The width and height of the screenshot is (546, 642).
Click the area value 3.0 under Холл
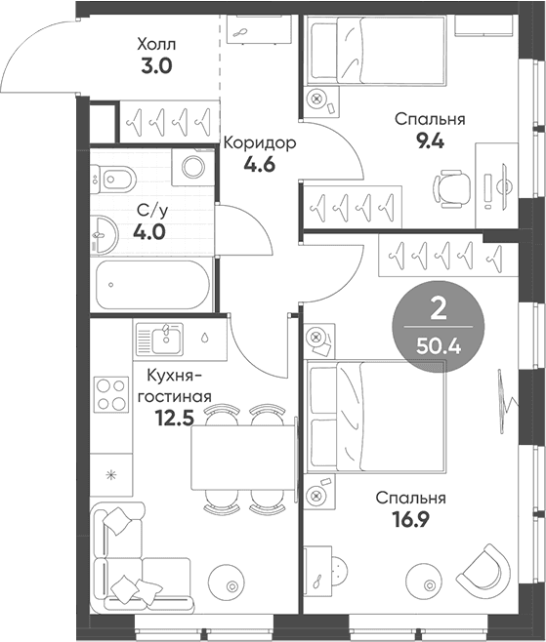coord(156,65)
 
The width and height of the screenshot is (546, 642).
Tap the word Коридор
coord(260,143)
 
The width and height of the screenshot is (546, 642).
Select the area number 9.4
coord(430,141)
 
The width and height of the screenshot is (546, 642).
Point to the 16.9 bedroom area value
coord(410,520)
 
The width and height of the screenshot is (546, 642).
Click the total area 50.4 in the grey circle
coord(439,347)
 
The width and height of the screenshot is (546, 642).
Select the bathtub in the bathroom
coord(153,285)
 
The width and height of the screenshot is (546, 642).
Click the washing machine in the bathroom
coord(193,167)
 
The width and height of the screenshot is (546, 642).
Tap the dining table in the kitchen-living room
coord(243,457)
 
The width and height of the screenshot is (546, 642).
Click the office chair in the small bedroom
coord(451,187)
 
